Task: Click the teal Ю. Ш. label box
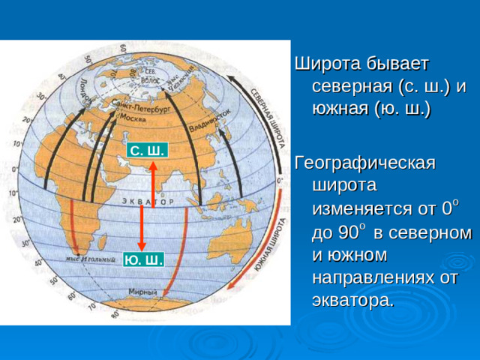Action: point(143,259)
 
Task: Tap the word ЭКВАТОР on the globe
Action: point(147,202)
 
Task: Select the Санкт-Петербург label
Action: point(142,109)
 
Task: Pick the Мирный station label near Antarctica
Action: point(142,292)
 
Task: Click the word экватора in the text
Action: point(351,301)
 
